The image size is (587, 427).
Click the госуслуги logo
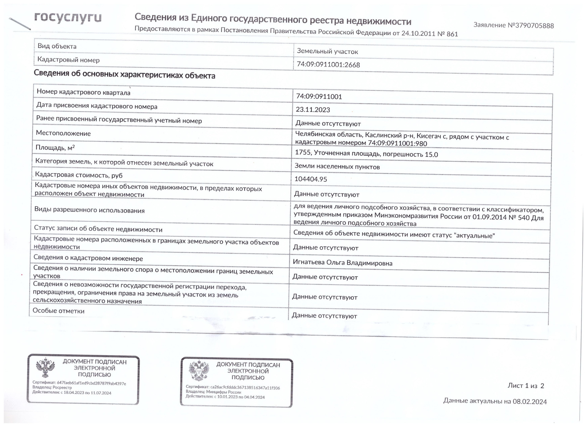(68, 18)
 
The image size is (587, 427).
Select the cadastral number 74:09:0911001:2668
(328, 65)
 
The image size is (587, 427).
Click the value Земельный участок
(327, 51)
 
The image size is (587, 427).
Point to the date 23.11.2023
(313, 110)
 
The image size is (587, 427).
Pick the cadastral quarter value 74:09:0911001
(319, 97)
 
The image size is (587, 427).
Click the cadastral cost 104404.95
(311, 179)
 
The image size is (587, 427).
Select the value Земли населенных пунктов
(337, 167)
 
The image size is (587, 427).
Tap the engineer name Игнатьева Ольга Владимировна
(342, 263)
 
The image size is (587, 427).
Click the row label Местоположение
(63, 133)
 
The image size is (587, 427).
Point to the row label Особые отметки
(58, 311)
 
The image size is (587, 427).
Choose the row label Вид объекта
(57, 46)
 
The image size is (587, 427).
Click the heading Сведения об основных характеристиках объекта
(124, 75)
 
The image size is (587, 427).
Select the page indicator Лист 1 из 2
(526, 386)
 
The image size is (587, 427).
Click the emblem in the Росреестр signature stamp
(45, 368)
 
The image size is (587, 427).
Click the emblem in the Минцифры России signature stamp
(199, 370)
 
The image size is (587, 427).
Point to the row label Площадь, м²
(55, 148)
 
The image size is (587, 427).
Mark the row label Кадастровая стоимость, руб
(79, 175)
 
